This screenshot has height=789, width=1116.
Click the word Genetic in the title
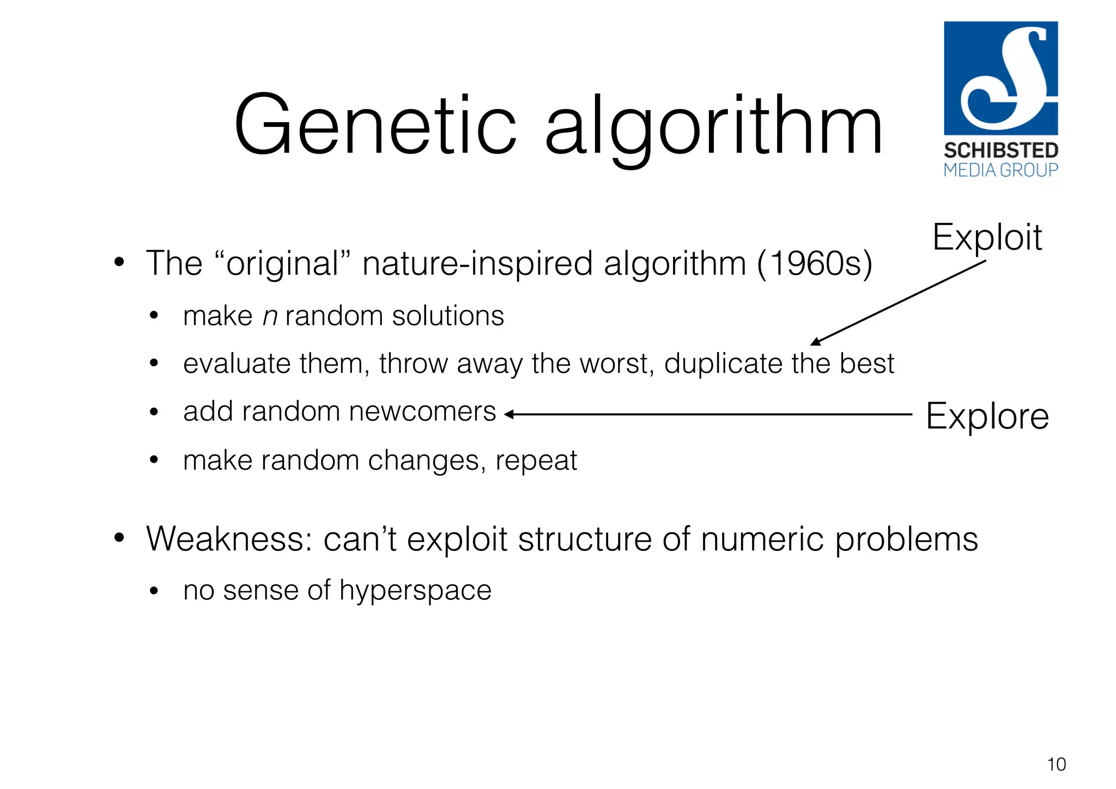(375, 126)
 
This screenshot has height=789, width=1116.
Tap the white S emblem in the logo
(1003, 79)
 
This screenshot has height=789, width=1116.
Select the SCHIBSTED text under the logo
(1001, 150)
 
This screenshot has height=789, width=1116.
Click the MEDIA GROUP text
(1001, 171)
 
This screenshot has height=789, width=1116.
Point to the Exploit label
(987, 238)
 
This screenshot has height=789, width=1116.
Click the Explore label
(987, 416)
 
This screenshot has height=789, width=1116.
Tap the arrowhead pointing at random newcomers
(509, 415)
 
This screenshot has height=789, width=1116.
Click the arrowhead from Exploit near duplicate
(815, 342)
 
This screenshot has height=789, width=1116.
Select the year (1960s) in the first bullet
(814, 264)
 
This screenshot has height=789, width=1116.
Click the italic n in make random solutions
(270, 317)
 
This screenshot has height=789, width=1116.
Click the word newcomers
(422, 412)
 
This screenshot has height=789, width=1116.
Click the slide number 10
(1056, 764)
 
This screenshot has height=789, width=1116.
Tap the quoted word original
(283, 264)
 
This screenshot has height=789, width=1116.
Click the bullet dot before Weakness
(119, 538)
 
